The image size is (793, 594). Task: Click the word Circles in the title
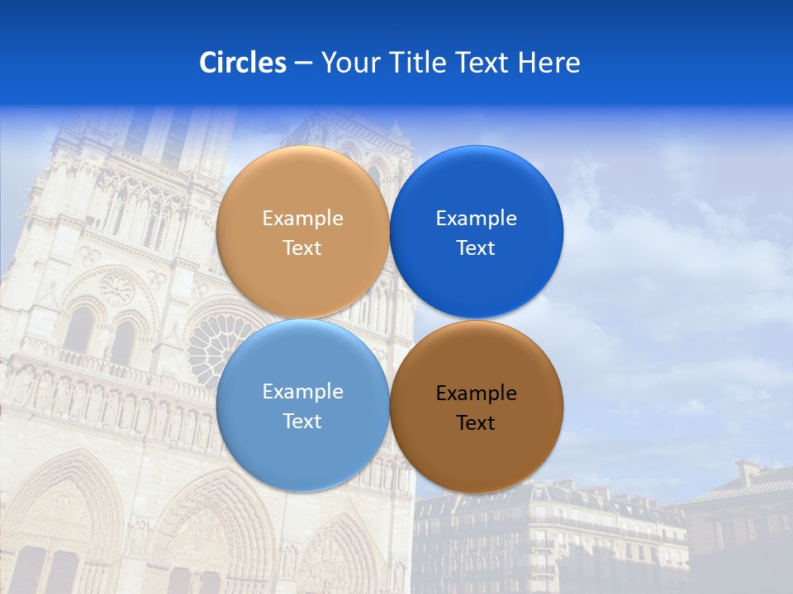click(x=242, y=63)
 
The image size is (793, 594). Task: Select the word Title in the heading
click(x=420, y=63)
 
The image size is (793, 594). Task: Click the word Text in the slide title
click(x=482, y=63)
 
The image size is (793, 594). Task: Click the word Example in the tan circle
click(x=302, y=219)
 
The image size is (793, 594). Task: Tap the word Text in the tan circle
click(x=302, y=248)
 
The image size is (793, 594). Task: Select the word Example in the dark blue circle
click(x=476, y=219)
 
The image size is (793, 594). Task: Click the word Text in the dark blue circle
click(x=476, y=248)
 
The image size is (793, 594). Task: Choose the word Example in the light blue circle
click(x=302, y=392)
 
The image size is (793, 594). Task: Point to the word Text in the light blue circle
click(x=302, y=422)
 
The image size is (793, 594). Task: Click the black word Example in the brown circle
click(x=476, y=394)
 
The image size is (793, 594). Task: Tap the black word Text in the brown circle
click(x=476, y=423)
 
